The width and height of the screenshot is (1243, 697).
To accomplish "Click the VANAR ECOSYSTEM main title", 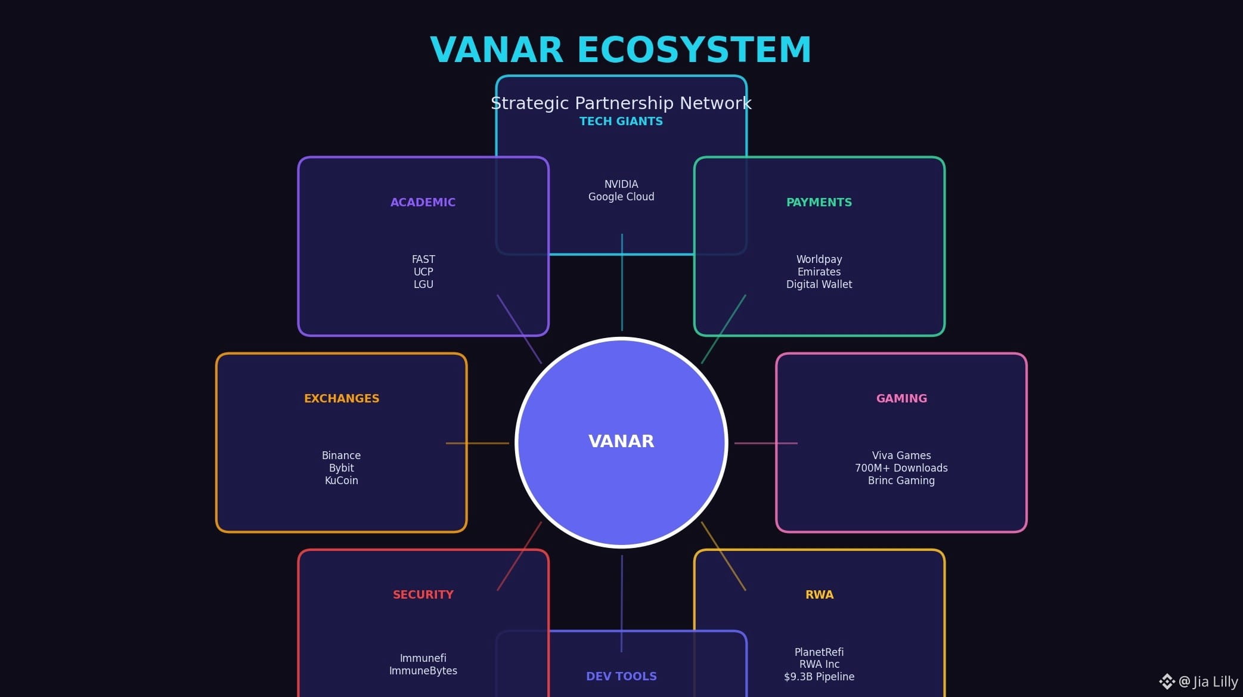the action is tap(621, 49).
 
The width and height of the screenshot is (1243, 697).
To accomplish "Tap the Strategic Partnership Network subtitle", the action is tap(621, 103).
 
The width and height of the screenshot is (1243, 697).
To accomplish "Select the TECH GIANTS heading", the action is tap(621, 122).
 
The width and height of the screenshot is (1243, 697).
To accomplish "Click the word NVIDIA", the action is tap(621, 184).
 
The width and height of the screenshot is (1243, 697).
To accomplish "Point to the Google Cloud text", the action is tap(621, 197).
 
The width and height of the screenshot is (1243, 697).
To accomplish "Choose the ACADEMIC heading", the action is tap(423, 203).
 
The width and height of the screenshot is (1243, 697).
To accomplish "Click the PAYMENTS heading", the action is tap(819, 203).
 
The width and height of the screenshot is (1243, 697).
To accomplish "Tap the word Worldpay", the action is tap(819, 259).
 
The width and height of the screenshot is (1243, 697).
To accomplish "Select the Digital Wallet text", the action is tap(819, 284).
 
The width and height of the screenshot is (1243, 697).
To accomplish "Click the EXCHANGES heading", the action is tap(341, 399).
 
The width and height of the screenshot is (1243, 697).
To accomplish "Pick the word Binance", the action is tap(341, 456).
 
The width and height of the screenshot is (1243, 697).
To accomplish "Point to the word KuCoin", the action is tap(341, 481).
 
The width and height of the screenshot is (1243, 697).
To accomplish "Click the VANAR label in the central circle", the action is tap(621, 441).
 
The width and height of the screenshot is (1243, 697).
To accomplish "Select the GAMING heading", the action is tap(901, 399).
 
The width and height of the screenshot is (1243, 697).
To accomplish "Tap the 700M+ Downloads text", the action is tap(901, 468).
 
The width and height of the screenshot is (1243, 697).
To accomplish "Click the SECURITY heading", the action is tap(423, 595).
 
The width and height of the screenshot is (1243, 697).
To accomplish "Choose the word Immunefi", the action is tap(423, 658).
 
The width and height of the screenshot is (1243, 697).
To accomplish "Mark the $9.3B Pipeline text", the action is tap(819, 677).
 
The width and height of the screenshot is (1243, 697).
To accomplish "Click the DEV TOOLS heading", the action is tap(621, 677).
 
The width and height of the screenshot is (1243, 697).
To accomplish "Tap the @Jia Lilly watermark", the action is tap(1207, 681).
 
